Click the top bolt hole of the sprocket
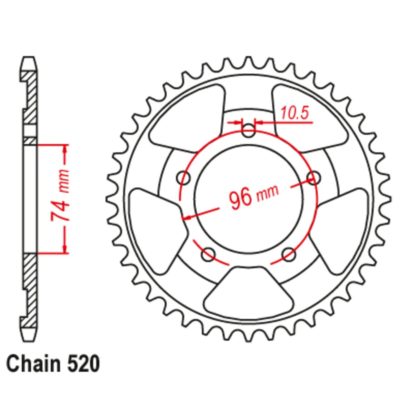248,132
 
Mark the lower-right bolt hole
289,254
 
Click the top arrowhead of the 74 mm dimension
65,149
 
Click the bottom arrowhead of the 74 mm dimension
65,249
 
